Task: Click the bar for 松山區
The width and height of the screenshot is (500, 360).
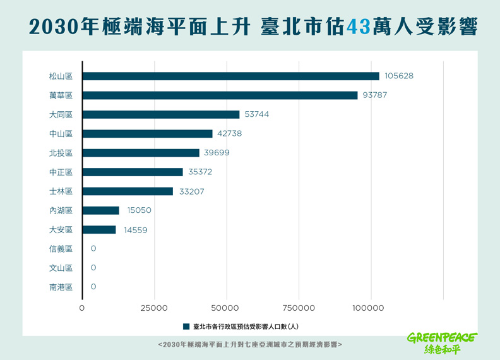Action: point(230,76)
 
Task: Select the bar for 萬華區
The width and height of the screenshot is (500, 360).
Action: point(220,95)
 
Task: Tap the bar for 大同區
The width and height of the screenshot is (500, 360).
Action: point(161,114)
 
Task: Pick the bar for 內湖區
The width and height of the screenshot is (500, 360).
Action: point(101,210)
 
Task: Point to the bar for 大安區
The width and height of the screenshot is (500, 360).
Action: point(99,230)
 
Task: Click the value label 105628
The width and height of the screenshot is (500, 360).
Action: point(399,76)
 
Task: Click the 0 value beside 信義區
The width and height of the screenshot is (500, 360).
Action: point(93,249)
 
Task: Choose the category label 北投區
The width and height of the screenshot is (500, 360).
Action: point(61,153)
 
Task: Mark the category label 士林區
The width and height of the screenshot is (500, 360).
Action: point(61,191)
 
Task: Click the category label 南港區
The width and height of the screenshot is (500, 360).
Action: point(61,287)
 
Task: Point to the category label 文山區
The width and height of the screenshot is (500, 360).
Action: point(61,268)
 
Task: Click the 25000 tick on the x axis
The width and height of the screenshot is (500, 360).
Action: point(153,308)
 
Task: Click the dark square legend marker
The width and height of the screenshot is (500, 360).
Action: point(186,327)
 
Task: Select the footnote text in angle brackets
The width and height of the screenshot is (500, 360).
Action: point(250,345)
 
